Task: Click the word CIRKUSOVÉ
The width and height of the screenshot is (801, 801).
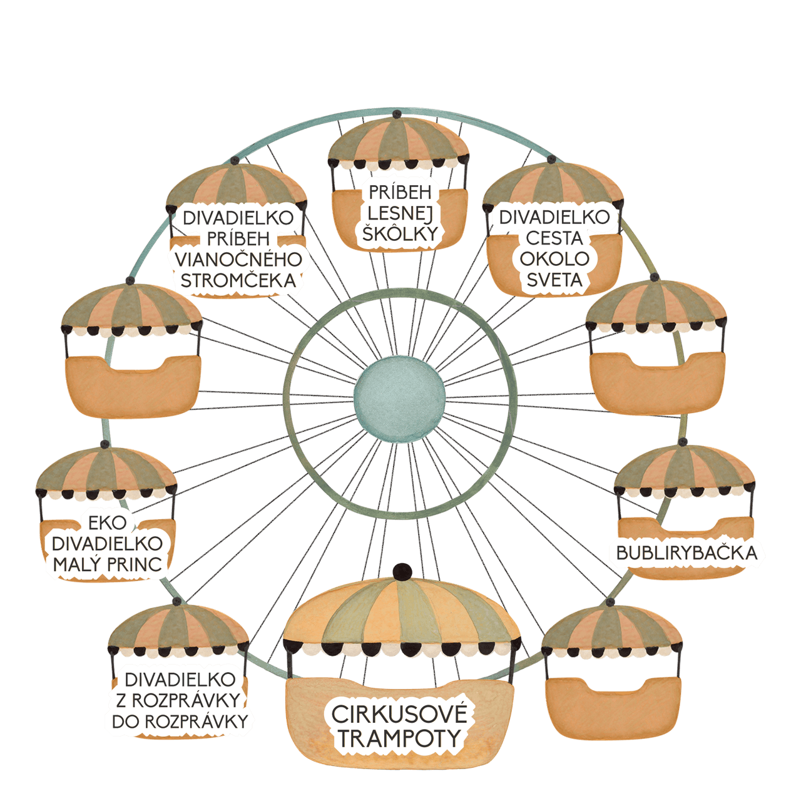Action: (x=399, y=714)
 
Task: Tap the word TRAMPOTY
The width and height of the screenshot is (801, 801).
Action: (x=399, y=739)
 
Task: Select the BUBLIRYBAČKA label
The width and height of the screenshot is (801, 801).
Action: (x=686, y=553)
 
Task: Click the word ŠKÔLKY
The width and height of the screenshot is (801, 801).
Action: (x=400, y=233)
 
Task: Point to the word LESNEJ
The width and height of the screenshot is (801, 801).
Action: (x=400, y=213)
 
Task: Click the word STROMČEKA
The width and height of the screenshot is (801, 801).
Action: (x=238, y=281)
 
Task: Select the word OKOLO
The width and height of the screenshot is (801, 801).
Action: (x=554, y=258)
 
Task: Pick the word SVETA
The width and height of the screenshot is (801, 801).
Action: (x=554, y=280)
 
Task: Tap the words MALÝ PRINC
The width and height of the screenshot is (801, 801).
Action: (x=107, y=564)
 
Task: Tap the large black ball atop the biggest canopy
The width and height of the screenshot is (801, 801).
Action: (x=402, y=572)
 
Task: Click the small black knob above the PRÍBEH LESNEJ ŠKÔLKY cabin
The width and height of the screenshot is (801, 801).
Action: (x=397, y=113)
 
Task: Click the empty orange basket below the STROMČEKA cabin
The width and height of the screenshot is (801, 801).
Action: (x=133, y=385)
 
